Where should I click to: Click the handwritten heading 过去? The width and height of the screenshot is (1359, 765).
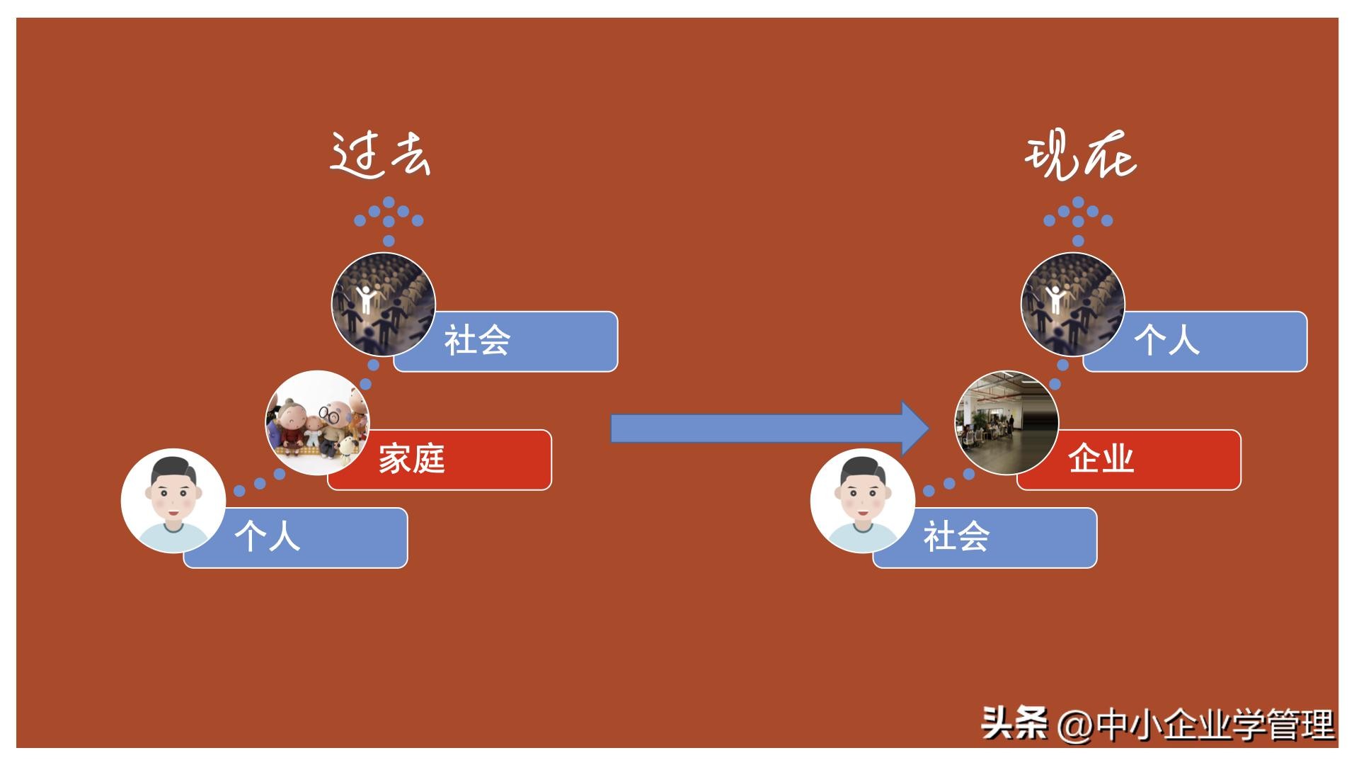point(380,154)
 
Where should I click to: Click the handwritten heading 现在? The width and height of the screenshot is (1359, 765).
point(1080,156)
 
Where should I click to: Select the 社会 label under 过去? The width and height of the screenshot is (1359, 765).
point(477,341)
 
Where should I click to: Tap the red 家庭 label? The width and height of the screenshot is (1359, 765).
point(412,459)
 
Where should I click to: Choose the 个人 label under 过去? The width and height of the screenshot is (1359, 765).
point(268,537)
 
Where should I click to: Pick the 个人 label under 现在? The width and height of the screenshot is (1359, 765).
point(1167,341)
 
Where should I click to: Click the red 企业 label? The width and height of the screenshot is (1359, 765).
point(1101,459)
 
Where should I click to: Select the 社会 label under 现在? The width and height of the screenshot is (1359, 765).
point(956,537)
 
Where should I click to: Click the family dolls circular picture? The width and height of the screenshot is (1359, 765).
point(317,423)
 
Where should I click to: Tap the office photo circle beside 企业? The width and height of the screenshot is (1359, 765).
point(1007,423)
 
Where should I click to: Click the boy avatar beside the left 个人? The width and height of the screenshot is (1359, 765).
point(173,501)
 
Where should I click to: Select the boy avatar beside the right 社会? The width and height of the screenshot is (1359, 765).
point(862,501)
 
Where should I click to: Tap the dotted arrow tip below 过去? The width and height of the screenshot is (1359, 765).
point(389,203)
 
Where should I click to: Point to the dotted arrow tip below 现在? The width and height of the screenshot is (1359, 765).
point(1078,203)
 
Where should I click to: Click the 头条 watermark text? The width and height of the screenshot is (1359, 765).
point(1014,725)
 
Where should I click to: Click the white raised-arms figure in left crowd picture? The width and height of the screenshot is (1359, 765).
point(365,298)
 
